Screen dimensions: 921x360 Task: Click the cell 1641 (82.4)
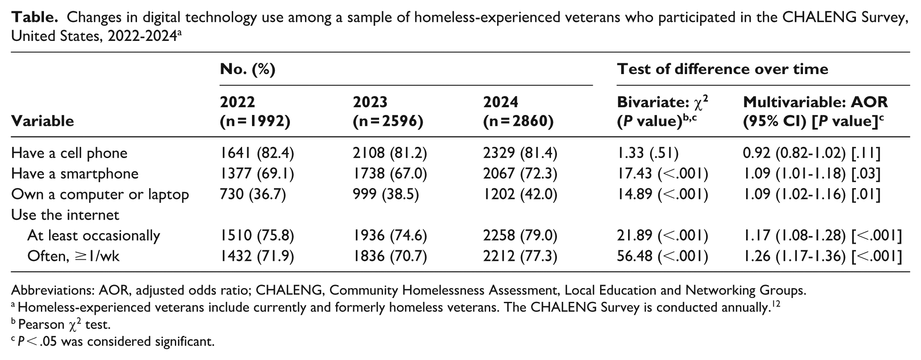click(x=257, y=153)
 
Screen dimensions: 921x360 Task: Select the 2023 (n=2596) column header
click(x=388, y=112)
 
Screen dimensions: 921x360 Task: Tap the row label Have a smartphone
click(x=75, y=174)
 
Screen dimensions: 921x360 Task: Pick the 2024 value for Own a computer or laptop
click(x=520, y=194)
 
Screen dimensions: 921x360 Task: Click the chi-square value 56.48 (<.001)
click(x=663, y=256)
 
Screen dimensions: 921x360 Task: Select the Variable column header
click(x=43, y=121)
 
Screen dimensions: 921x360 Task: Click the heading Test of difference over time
click(x=722, y=69)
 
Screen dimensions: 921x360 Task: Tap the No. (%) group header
click(x=248, y=69)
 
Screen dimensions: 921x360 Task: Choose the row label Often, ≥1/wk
click(x=74, y=256)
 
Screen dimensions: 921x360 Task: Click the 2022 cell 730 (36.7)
click(x=253, y=194)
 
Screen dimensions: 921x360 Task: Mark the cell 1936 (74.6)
click(x=390, y=236)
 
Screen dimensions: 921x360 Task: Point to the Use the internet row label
click(x=65, y=215)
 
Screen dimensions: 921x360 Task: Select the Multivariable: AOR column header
click(x=815, y=112)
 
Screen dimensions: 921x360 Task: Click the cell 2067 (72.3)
click(x=520, y=174)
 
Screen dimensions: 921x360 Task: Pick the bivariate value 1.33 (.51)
click(x=648, y=153)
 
